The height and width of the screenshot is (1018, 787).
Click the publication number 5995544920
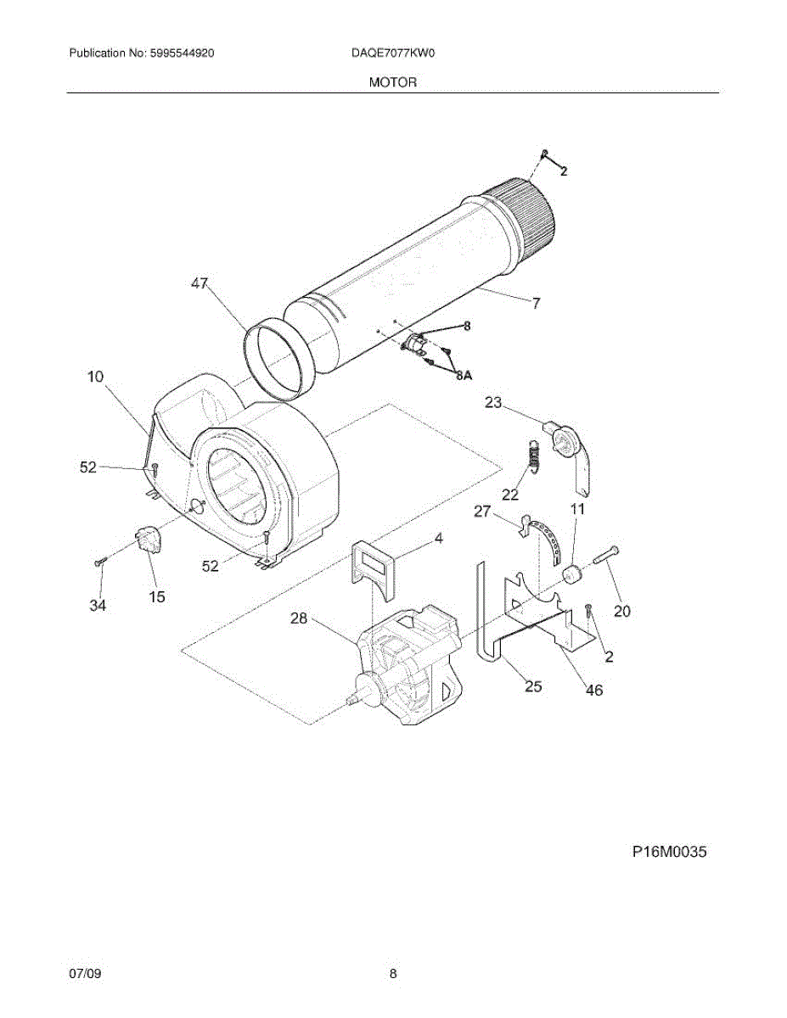180,53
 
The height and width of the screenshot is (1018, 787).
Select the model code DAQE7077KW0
393,53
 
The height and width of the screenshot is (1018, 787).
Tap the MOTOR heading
393,82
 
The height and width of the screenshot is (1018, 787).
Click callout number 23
494,403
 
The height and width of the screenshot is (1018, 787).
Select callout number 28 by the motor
299,618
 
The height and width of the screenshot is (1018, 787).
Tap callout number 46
594,690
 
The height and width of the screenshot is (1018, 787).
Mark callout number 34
98,605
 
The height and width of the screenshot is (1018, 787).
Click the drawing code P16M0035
669,852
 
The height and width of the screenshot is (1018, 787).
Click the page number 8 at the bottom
393,975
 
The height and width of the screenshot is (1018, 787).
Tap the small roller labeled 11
574,576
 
